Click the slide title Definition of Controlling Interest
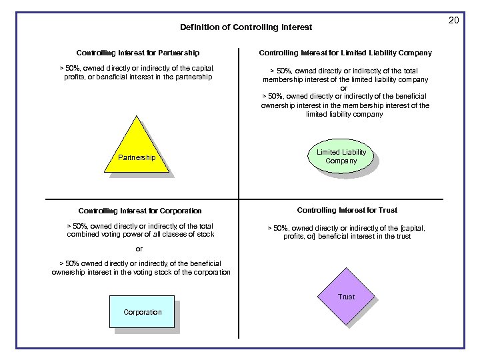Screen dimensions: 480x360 tap(246, 27)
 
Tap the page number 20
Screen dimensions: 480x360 tap(453, 21)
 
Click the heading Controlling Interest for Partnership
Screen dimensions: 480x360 tap(137, 53)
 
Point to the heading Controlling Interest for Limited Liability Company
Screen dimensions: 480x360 tap(345, 53)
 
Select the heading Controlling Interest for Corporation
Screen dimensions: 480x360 tap(139, 211)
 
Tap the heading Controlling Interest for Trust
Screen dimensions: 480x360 tap(347, 210)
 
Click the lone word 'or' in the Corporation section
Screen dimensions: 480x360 tap(139, 249)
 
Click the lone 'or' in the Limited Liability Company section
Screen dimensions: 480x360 tap(344, 88)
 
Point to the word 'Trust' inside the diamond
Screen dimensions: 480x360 tap(346, 297)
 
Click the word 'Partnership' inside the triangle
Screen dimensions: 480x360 tap(136, 158)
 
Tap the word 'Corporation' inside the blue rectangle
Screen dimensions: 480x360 tap(142, 312)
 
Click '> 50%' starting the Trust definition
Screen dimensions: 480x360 tap(277, 228)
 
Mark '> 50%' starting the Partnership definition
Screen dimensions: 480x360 tap(69, 68)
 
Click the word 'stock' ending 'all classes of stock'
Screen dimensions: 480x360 tap(204, 234)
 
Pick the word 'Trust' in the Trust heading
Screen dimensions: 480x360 tap(387, 210)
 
